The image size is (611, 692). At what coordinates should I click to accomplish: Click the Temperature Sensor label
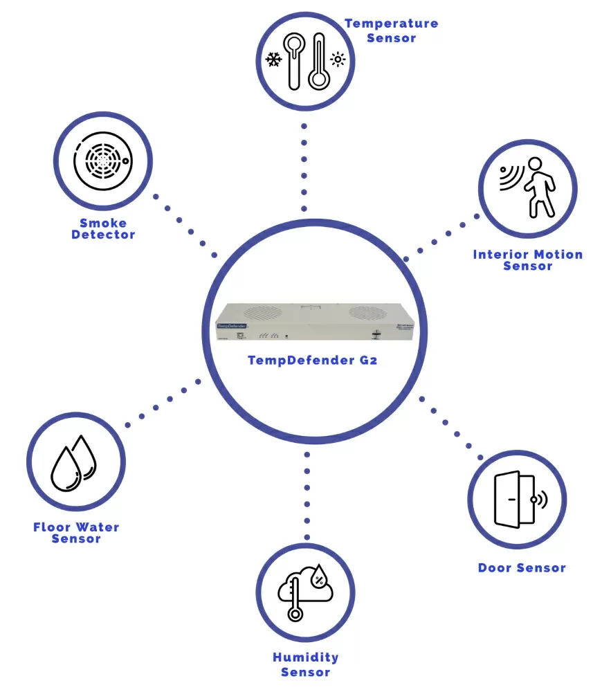(x=392, y=30)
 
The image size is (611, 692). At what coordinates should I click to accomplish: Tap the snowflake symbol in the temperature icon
(x=274, y=60)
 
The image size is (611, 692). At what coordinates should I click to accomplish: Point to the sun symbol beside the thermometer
(x=338, y=60)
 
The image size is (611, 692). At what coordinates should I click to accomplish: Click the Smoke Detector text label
(x=103, y=228)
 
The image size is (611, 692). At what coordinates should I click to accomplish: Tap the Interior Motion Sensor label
(x=528, y=259)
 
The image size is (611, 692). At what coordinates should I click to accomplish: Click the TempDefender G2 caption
(x=312, y=360)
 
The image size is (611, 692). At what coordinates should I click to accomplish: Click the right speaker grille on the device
(x=367, y=313)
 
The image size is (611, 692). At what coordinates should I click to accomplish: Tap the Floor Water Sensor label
(x=76, y=533)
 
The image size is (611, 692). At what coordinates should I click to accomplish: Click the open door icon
(x=513, y=500)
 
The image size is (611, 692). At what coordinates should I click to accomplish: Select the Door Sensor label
(x=522, y=568)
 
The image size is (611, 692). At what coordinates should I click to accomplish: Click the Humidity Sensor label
(x=305, y=664)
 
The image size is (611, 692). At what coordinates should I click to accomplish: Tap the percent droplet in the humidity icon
(x=319, y=576)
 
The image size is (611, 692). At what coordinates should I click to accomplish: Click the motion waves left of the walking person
(x=510, y=178)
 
